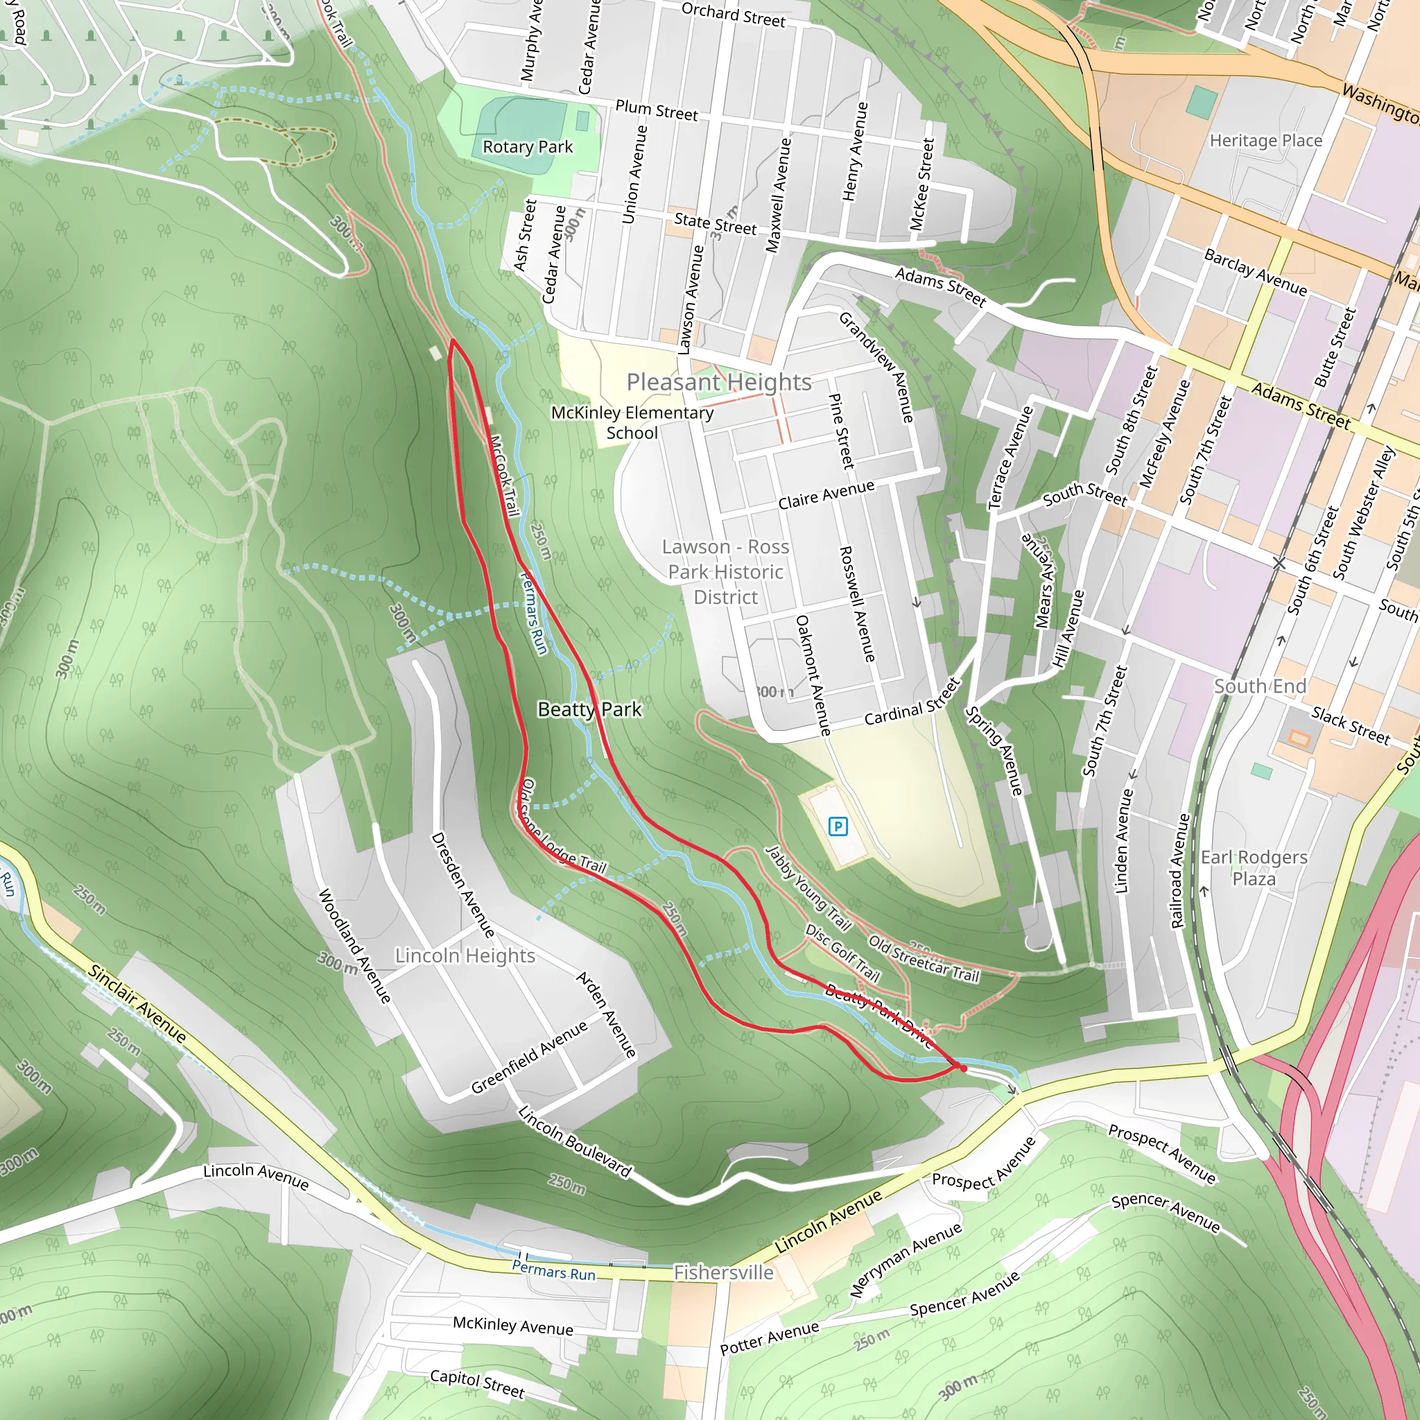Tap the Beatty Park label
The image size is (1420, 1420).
[589, 709]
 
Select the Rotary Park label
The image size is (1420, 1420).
[527, 147]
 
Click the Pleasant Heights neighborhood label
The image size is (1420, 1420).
[719, 382]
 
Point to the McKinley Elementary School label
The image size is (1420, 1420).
[632, 423]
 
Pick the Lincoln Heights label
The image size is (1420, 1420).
[465, 955]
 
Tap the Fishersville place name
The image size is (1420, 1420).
[723, 1272]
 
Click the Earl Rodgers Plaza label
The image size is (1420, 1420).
[1254, 868]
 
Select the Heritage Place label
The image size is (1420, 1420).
[1265, 140]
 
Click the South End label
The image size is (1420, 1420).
[1260, 686]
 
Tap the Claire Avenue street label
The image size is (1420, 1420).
[826, 494]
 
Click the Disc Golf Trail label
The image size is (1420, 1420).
[842, 953]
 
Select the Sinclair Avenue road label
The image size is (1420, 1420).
[137, 1003]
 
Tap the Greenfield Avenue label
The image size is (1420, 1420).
[529, 1057]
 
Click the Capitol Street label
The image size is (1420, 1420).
[477, 1384]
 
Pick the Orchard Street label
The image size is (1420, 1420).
[733, 15]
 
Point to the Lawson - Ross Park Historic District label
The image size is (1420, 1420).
[725, 572]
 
